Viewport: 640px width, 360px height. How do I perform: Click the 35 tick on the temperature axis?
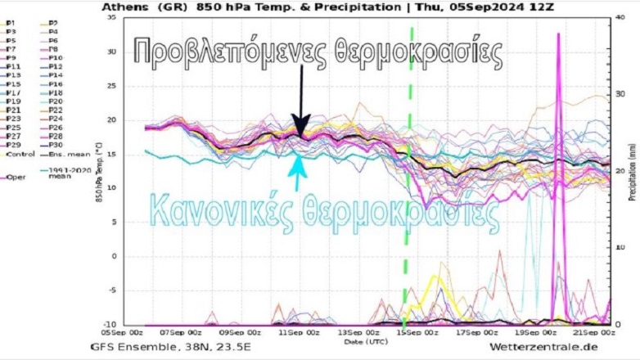click(x=108, y=17)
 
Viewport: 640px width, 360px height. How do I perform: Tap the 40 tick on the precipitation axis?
click(x=621, y=17)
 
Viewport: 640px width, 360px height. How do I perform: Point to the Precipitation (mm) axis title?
click(x=632, y=172)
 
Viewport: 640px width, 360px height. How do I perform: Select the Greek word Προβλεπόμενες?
click(x=230, y=53)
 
